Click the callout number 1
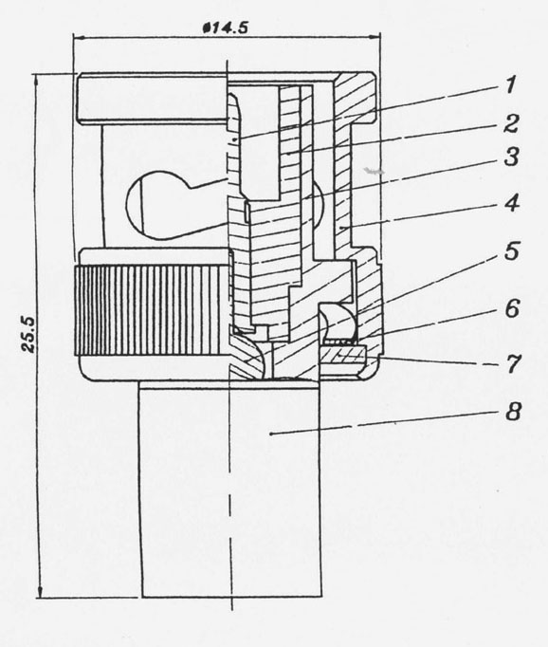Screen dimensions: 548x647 [x=511, y=85]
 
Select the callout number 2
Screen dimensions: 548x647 [x=511, y=123]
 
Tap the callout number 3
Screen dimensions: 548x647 [x=512, y=157]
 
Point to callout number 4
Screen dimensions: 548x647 [x=512, y=203]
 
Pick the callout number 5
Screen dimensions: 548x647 [x=512, y=251]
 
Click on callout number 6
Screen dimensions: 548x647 [x=512, y=308]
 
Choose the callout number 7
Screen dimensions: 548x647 [x=513, y=364]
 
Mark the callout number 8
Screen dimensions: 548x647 [x=513, y=412]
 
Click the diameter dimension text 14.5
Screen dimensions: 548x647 [x=226, y=28]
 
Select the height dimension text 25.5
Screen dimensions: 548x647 [x=28, y=334]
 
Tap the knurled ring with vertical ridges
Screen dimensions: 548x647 [x=152, y=311]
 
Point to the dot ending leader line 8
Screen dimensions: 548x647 [x=271, y=434]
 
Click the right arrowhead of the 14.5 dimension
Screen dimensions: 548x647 [x=374, y=38]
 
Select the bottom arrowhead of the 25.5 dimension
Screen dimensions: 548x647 [x=40, y=592]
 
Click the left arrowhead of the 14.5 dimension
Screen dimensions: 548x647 [x=80, y=38]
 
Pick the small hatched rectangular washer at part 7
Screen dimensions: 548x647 [x=342, y=354]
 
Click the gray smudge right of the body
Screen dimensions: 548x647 [x=374, y=170]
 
